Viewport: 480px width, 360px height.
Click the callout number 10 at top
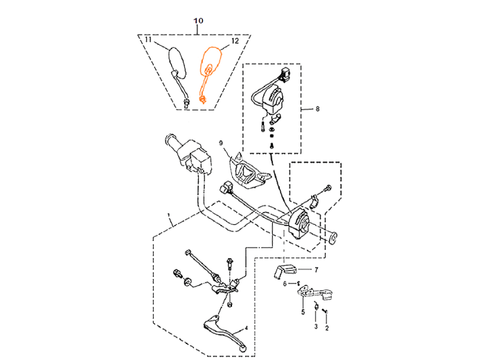(x=198, y=21)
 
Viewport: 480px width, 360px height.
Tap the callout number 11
(x=148, y=39)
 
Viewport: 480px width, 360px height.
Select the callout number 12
(x=235, y=42)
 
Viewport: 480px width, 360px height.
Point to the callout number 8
(x=317, y=109)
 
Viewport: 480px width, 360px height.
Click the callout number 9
(x=221, y=143)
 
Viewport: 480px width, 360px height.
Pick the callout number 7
(x=317, y=270)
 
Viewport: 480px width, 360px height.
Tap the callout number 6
(x=285, y=284)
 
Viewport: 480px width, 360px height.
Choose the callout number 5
(x=303, y=312)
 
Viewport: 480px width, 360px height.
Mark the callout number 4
(x=246, y=329)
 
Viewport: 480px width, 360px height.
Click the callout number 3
(x=316, y=327)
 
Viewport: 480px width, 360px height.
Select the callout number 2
(x=327, y=328)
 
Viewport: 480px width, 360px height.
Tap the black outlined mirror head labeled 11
(x=177, y=62)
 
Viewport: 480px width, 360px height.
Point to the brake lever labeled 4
(x=226, y=331)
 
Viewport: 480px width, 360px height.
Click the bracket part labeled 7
(x=285, y=271)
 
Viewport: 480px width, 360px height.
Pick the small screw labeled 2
(x=326, y=311)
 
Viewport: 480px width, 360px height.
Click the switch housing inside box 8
(x=273, y=99)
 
